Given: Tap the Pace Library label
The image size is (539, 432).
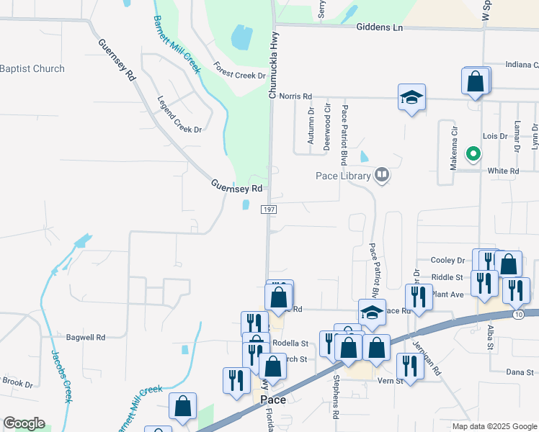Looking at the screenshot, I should coord(343,176).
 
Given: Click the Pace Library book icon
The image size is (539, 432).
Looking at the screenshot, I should coord(382,175).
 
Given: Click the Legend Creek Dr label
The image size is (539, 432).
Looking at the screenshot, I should coord(179,114).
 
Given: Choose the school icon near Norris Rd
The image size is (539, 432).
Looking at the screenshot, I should coord(411,97).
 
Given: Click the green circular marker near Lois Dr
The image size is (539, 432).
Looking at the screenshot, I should coord(473,153).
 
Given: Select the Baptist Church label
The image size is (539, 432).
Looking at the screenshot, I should coord(32,69).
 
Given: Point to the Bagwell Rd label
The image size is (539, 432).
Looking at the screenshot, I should coord(86,337).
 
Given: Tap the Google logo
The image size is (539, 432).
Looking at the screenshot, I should coord(24,423).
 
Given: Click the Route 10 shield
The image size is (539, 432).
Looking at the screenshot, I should coord(518,315).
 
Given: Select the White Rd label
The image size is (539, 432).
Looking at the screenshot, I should coord(503,171).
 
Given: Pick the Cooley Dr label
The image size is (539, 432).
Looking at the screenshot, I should coord(448,260).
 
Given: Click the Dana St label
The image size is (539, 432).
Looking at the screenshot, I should coord(519,372).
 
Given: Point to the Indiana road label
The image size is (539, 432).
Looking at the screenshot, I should coord(521,64).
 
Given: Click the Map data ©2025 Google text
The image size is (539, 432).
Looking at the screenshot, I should coord(494,426).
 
